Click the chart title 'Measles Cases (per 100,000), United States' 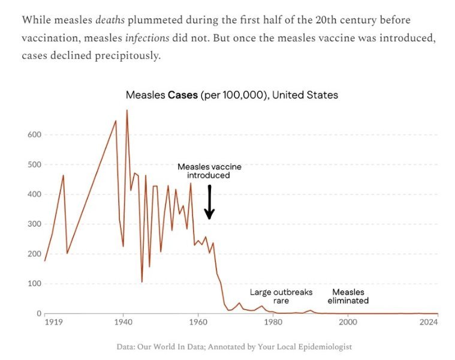tap(231, 95)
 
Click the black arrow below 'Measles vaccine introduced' tap(209, 202)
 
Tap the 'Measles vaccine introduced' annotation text tap(208, 171)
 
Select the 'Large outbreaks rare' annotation tap(281, 296)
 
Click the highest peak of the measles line tap(126, 110)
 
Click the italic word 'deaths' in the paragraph tap(110, 19)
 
